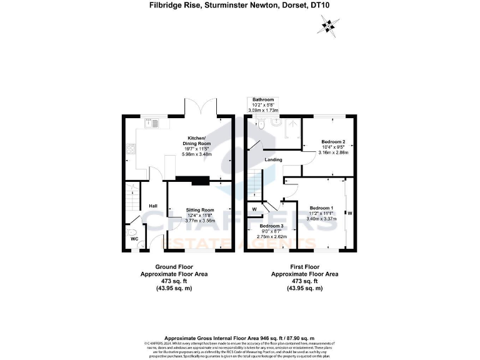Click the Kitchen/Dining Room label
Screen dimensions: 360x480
(x=199, y=141)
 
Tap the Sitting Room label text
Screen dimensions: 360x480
(x=200, y=211)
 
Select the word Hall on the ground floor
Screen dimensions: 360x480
(x=152, y=206)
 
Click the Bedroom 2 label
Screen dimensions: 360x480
(x=333, y=142)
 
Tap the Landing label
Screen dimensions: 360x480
(x=272, y=160)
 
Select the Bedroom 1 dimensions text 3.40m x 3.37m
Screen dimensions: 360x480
(x=322, y=219)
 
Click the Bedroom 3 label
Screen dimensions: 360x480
(x=271, y=226)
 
